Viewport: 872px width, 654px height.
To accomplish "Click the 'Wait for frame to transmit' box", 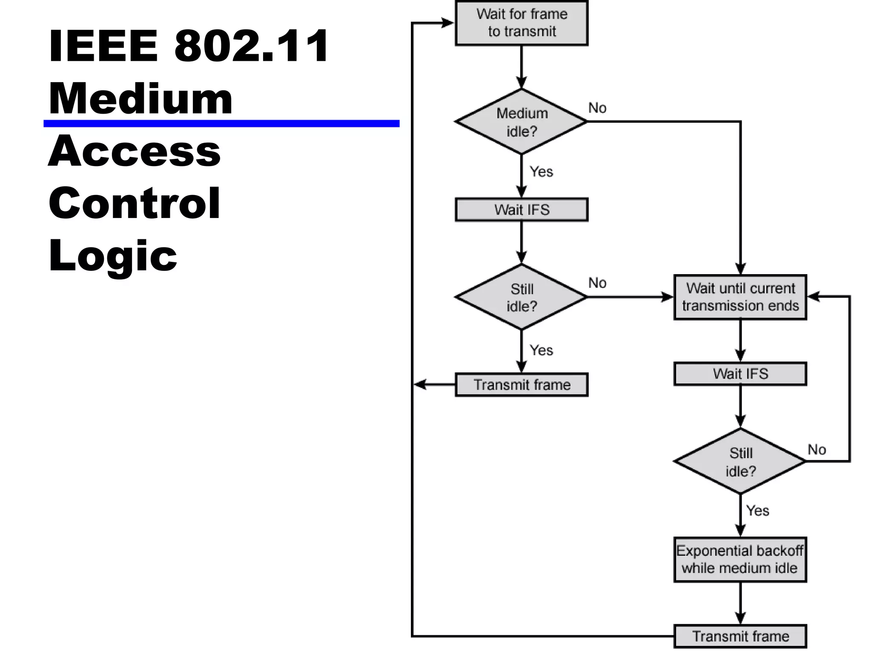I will [x=521, y=23].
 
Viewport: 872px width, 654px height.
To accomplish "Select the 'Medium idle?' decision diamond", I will [x=521, y=122].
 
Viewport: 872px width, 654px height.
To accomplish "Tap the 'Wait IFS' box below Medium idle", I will [x=521, y=209].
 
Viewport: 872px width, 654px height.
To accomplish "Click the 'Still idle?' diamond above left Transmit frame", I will [x=521, y=297].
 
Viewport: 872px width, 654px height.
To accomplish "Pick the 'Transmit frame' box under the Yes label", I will [x=521, y=384].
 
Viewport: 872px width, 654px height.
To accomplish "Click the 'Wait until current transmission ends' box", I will [x=740, y=297].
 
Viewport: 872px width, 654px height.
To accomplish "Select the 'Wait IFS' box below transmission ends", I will [x=740, y=374].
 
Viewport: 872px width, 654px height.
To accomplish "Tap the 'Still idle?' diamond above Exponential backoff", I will [x=740, y=462].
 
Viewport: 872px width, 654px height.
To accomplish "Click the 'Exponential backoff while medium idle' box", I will [x=740, y=559].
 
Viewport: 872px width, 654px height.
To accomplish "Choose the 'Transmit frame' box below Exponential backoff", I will [x=740, y=636].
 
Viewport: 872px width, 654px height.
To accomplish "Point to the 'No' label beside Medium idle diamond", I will [x=597, y=108].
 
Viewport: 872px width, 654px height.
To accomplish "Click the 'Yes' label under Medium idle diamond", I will [x=541, y=172].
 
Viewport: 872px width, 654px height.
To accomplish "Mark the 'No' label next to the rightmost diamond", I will [x=817, y=450].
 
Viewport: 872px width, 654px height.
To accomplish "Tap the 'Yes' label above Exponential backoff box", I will [x=757, y=511].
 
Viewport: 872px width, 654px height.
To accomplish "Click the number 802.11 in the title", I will [x=251, y=46].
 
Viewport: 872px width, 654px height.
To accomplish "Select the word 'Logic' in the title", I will [x=113, y=255].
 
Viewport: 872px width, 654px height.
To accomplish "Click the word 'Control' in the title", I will [x=135, y=204].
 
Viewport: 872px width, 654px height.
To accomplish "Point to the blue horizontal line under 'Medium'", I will [x=221, y=123].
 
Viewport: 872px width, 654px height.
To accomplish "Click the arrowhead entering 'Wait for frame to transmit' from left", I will [x=448, y=23].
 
